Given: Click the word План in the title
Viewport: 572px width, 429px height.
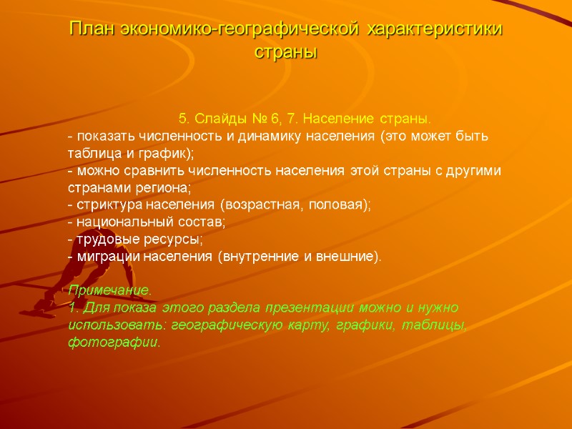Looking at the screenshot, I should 92,30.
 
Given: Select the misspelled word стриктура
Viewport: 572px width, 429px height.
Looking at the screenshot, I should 104,204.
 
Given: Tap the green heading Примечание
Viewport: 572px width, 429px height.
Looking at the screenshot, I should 110,291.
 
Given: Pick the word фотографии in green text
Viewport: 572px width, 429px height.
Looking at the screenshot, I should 113,342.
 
